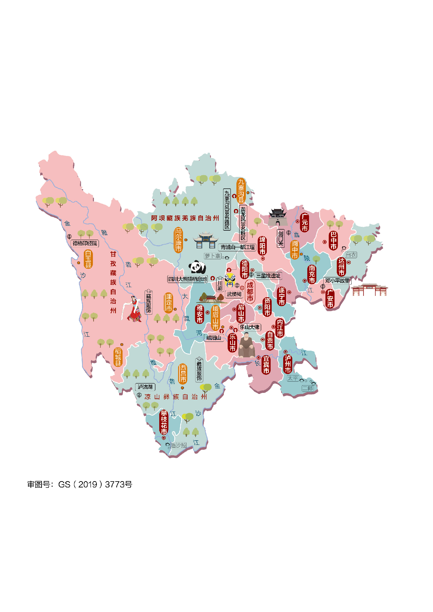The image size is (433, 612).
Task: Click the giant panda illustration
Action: click(x=197, y=267)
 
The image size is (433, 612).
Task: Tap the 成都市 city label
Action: click(x=250, y=292)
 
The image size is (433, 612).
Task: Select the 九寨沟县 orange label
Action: click(x=241, y=191)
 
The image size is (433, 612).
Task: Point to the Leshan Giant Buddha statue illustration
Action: click(x=247, y=345)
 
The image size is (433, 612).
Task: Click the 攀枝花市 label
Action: click(x=164, y=423)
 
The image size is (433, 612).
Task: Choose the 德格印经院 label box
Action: click(x=85, y=243)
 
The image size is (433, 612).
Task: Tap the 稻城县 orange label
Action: click(x=118, y=357)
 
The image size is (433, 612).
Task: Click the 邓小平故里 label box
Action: click(x=337, y=281)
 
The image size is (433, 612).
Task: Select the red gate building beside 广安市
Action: click(x=369, y=290)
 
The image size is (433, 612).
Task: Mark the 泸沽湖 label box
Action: click(x=145, y=387)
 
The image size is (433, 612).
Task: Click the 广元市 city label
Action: click(x=304, y=223)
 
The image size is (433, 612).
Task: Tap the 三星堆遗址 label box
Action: click(x=268, y=276)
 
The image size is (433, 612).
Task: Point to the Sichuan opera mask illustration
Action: click(x=230, y=279)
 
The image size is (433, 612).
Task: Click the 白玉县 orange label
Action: click(x=88, y=259)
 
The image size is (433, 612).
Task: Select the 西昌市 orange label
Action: click(x=183, y=374)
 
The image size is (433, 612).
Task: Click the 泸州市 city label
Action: click(x=288, y=364)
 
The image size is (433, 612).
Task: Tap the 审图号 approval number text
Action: click(x=80, y=484)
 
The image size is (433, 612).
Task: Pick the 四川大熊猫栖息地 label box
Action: click(x=188, y=279)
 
